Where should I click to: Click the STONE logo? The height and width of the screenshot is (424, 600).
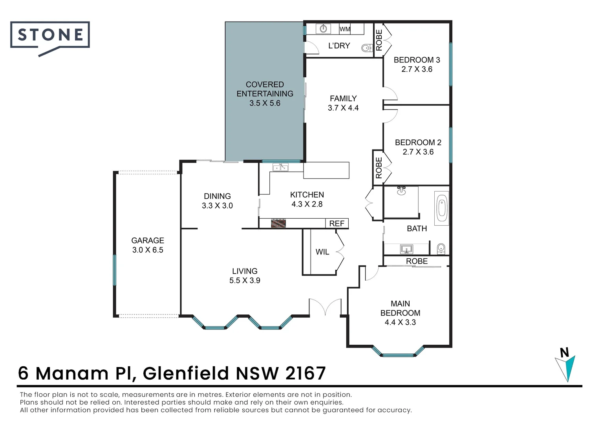click(x=50, y=35)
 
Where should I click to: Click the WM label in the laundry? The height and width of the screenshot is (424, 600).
click(x=345, y=29)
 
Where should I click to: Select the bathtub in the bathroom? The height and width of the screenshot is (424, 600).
click(x=442, y=208)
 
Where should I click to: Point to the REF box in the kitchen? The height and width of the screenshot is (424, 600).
click(x=337, y=223)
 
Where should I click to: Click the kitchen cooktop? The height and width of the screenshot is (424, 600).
click(x=278, y=223)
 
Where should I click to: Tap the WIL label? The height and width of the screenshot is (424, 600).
click(x=322, y=252)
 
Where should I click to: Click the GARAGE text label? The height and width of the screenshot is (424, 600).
click(x=148, y=240)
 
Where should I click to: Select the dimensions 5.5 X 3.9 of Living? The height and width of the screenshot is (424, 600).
click(x=245, y=280)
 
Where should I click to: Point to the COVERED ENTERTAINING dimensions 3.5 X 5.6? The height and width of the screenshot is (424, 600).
click(x=265, y=103)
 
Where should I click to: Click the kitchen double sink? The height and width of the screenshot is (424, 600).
click(x=280, y=168)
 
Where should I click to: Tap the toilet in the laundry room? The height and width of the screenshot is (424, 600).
click(x=366, y=48)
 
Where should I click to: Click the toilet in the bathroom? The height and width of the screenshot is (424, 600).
click(x=441, y=248)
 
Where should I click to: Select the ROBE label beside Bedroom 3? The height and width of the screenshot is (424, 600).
click(x=379, y=40)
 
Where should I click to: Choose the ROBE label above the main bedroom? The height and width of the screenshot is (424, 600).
click(x=417, y=261)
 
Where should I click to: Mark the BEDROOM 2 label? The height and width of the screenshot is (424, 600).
click(x=418, y=142)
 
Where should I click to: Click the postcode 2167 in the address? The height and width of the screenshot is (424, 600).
click(x=305, y=373)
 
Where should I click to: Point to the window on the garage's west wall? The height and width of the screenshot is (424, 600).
click(x=115, y=270)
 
